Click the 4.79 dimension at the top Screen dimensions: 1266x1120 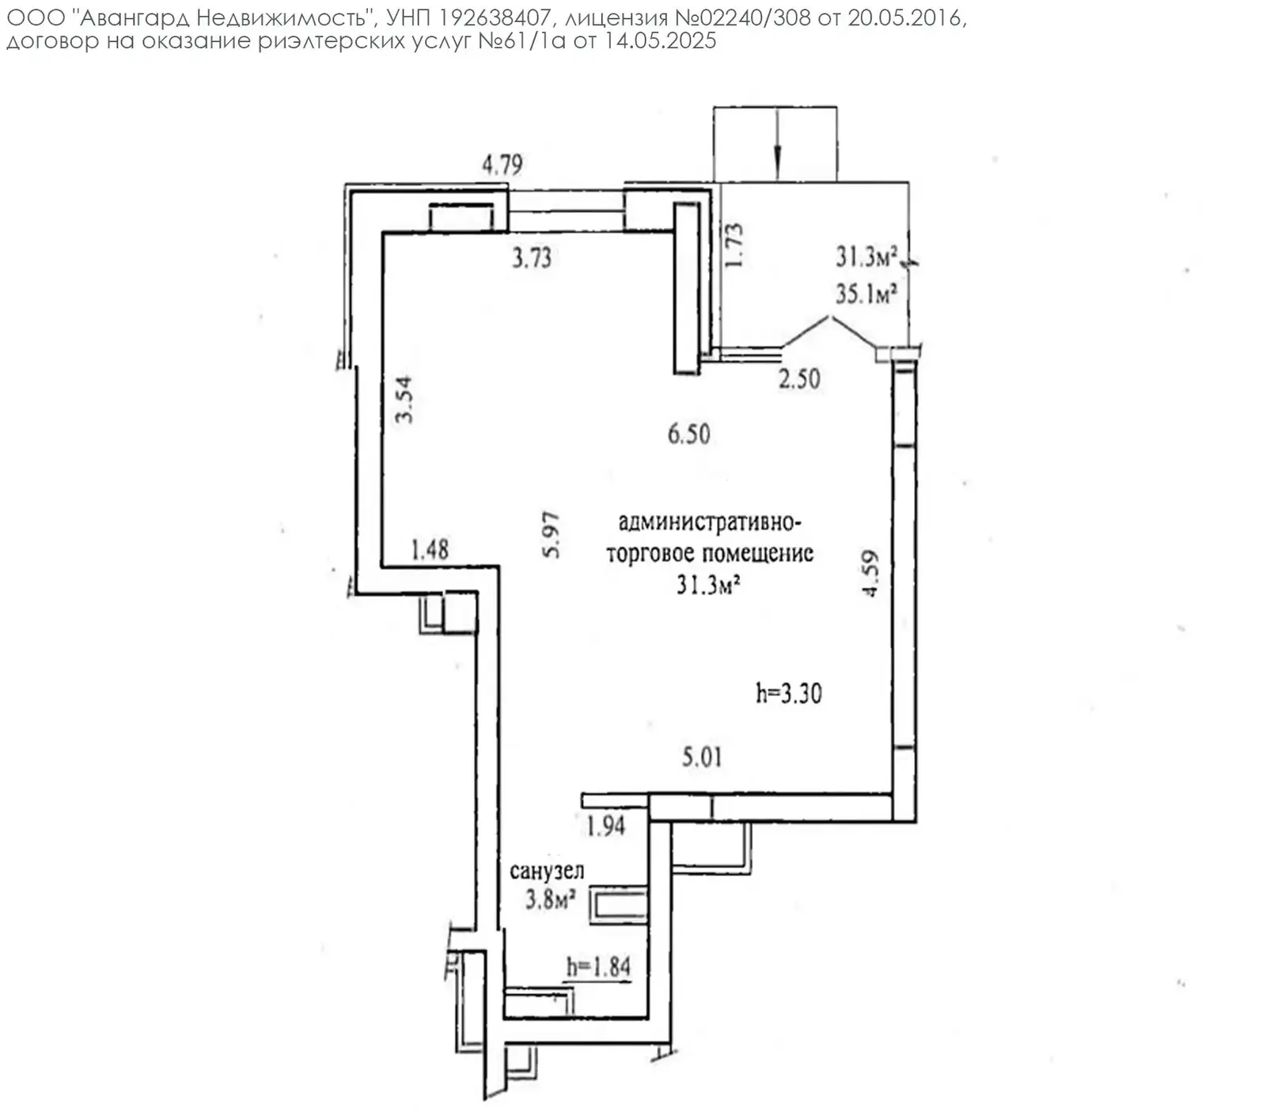pyautogui.click(x=502, y=165)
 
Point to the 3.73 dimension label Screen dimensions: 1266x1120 pyautogui.click(x=531, y=257)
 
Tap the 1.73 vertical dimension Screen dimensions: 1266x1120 pyautogui.click(x=734, y=245)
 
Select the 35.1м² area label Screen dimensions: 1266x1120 pyautogui.click(x=866, y=294)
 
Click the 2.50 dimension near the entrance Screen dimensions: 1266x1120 pyautogui.click(x=799, y=378)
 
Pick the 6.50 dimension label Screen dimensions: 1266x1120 pyautogui.click(x=688, y=434)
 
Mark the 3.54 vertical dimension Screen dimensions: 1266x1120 pyautogui.click(x=404, y=399)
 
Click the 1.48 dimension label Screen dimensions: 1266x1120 pyautogui.click(x=430, y=549)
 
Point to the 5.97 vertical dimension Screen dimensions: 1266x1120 pyautogui.click(x=551, y=536)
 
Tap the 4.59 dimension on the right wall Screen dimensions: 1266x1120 pyautogui.click(x=870, y=574)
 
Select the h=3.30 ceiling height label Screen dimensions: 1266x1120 pyautogui.click(x=788, y=693)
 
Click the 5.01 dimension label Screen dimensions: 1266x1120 pyautogui.click(x=702, y=757)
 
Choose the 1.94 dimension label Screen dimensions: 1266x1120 pyautogui.click(x=605, y=826)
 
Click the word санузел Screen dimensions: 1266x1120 pyautogui.click(x=547, y=871)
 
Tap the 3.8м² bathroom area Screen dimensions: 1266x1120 pyautogui.click(x=550, y=899)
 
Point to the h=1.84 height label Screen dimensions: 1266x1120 pyautogui.click(x=598, y=966)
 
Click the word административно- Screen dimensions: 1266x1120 pyautogui.click(x=710, y=523)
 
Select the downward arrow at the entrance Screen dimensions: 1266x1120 pyautogui.click(x=778, y=142)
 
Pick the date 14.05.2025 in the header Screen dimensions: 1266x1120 pyautogui.click(x=660, y=41)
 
